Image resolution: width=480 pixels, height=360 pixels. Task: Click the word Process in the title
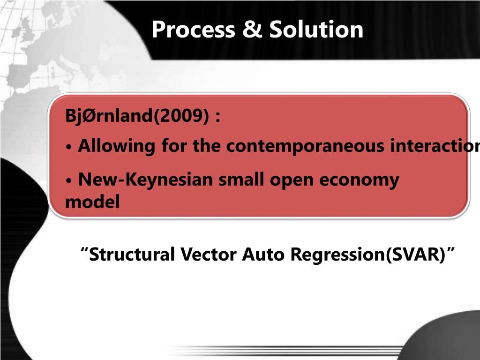click(193, 30)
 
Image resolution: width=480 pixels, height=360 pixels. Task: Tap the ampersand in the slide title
click(252, 30)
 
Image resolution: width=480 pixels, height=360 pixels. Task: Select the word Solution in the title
click(316, 30)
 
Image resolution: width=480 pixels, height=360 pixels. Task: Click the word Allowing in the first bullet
click(117, 146)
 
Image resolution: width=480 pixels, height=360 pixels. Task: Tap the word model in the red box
click(92, 202)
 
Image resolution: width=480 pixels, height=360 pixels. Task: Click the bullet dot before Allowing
click(69, 147)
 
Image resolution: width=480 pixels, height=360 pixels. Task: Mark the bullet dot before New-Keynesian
click(69, 180)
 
